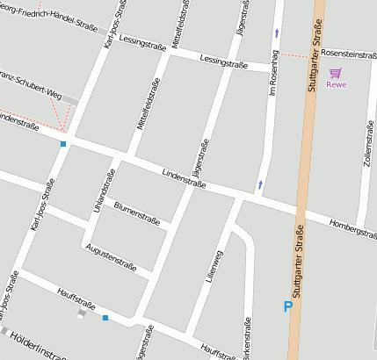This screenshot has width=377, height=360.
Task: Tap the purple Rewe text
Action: (x=336, y=84)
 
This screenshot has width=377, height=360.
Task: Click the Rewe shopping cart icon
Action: (x=335, y=72)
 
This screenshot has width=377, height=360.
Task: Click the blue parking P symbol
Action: (x=286, y=306)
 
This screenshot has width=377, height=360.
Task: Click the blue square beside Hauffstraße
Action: (x=105, y=317)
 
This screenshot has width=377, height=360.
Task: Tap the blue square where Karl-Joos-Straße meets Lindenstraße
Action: (x=63, y=143)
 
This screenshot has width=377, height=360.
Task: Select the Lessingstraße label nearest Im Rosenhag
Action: (x=224, y=61)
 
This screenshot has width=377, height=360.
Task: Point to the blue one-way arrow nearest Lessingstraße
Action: (x=278, y=32)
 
